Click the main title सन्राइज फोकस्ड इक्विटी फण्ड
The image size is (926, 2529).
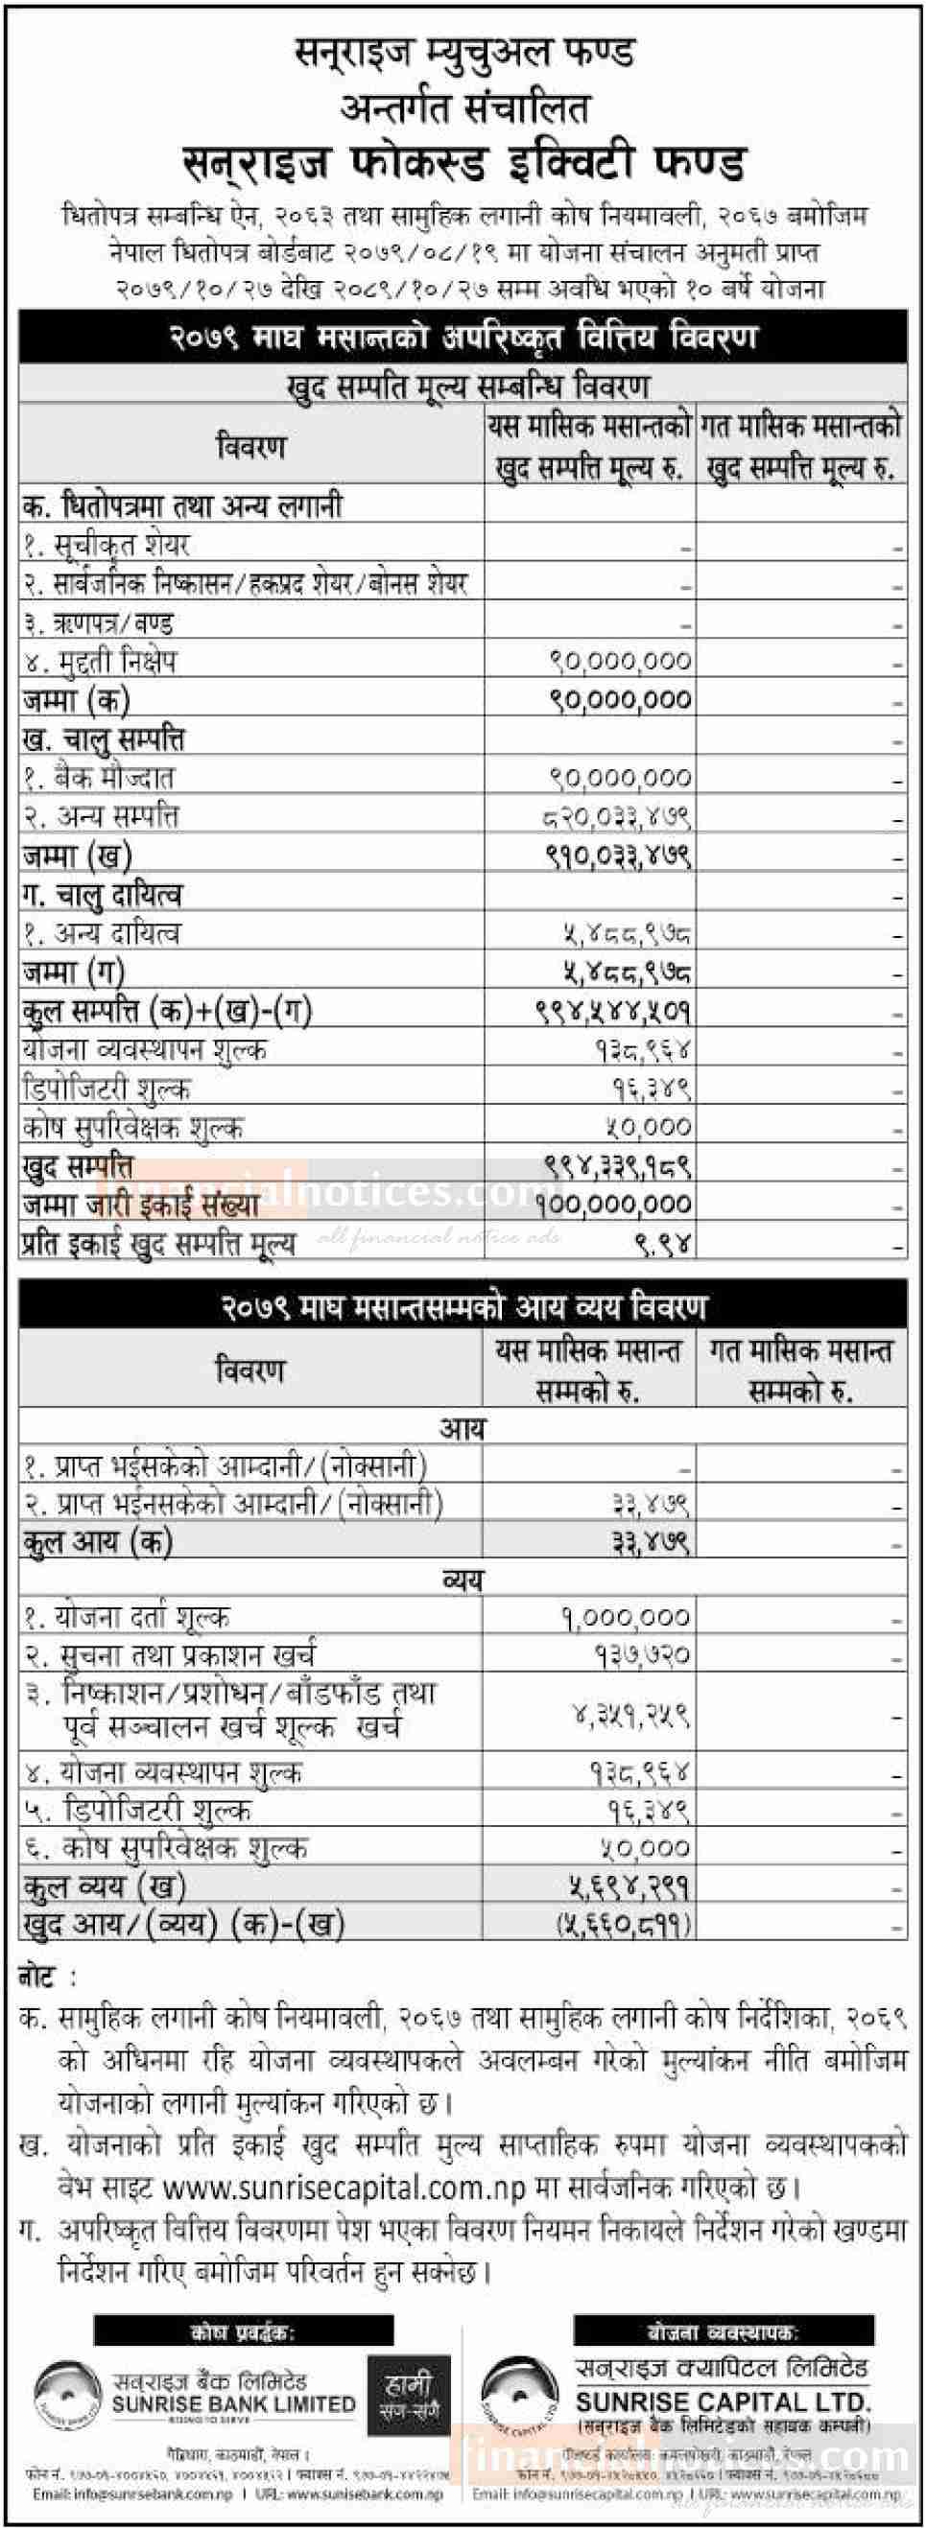(x=464, y=163)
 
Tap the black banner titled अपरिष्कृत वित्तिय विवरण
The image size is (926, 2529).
(x=463, y=338)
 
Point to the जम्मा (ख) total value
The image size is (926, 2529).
(x=619, y=856)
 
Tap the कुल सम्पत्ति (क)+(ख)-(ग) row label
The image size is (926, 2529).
(x=167, y=1011)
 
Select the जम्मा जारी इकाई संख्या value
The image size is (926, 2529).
(x=620, y=1205)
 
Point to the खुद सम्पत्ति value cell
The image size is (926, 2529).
(x=620, y=1166)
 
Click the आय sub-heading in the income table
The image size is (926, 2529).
(x=462, y=1427)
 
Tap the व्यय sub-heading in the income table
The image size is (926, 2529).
(x=462, y=1579)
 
